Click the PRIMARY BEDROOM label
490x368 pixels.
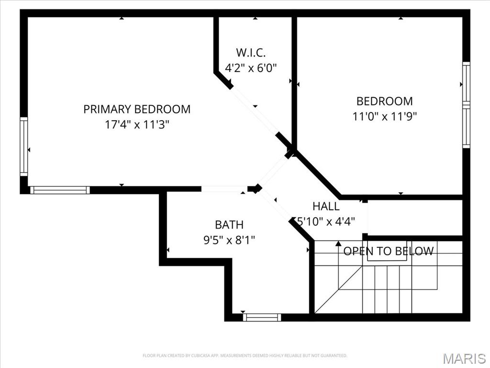(x=137, y=109)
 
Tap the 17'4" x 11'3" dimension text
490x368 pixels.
(x=137, y=125)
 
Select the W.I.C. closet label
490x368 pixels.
(x=251, y=53)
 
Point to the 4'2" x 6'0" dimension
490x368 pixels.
(x=251, y=68)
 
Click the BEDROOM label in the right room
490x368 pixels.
(x=384, y=101)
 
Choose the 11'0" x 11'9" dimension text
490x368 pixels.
(x=384, y=116)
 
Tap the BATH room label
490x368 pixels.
(x=229, y=224)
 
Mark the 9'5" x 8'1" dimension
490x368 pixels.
(x=229, y=239)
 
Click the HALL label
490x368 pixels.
(x=326, y=207)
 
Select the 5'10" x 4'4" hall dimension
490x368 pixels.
(x=326, y=222)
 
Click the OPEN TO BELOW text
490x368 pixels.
(x=389, y=251)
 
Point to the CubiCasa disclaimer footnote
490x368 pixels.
(x=245, y=356)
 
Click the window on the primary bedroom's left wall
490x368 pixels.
(x=23, y=146)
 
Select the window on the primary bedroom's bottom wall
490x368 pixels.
(x=60, y=190)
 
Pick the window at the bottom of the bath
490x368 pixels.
(x=262, y=317)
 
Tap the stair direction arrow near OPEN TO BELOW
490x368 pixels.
(x=338, y=243)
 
